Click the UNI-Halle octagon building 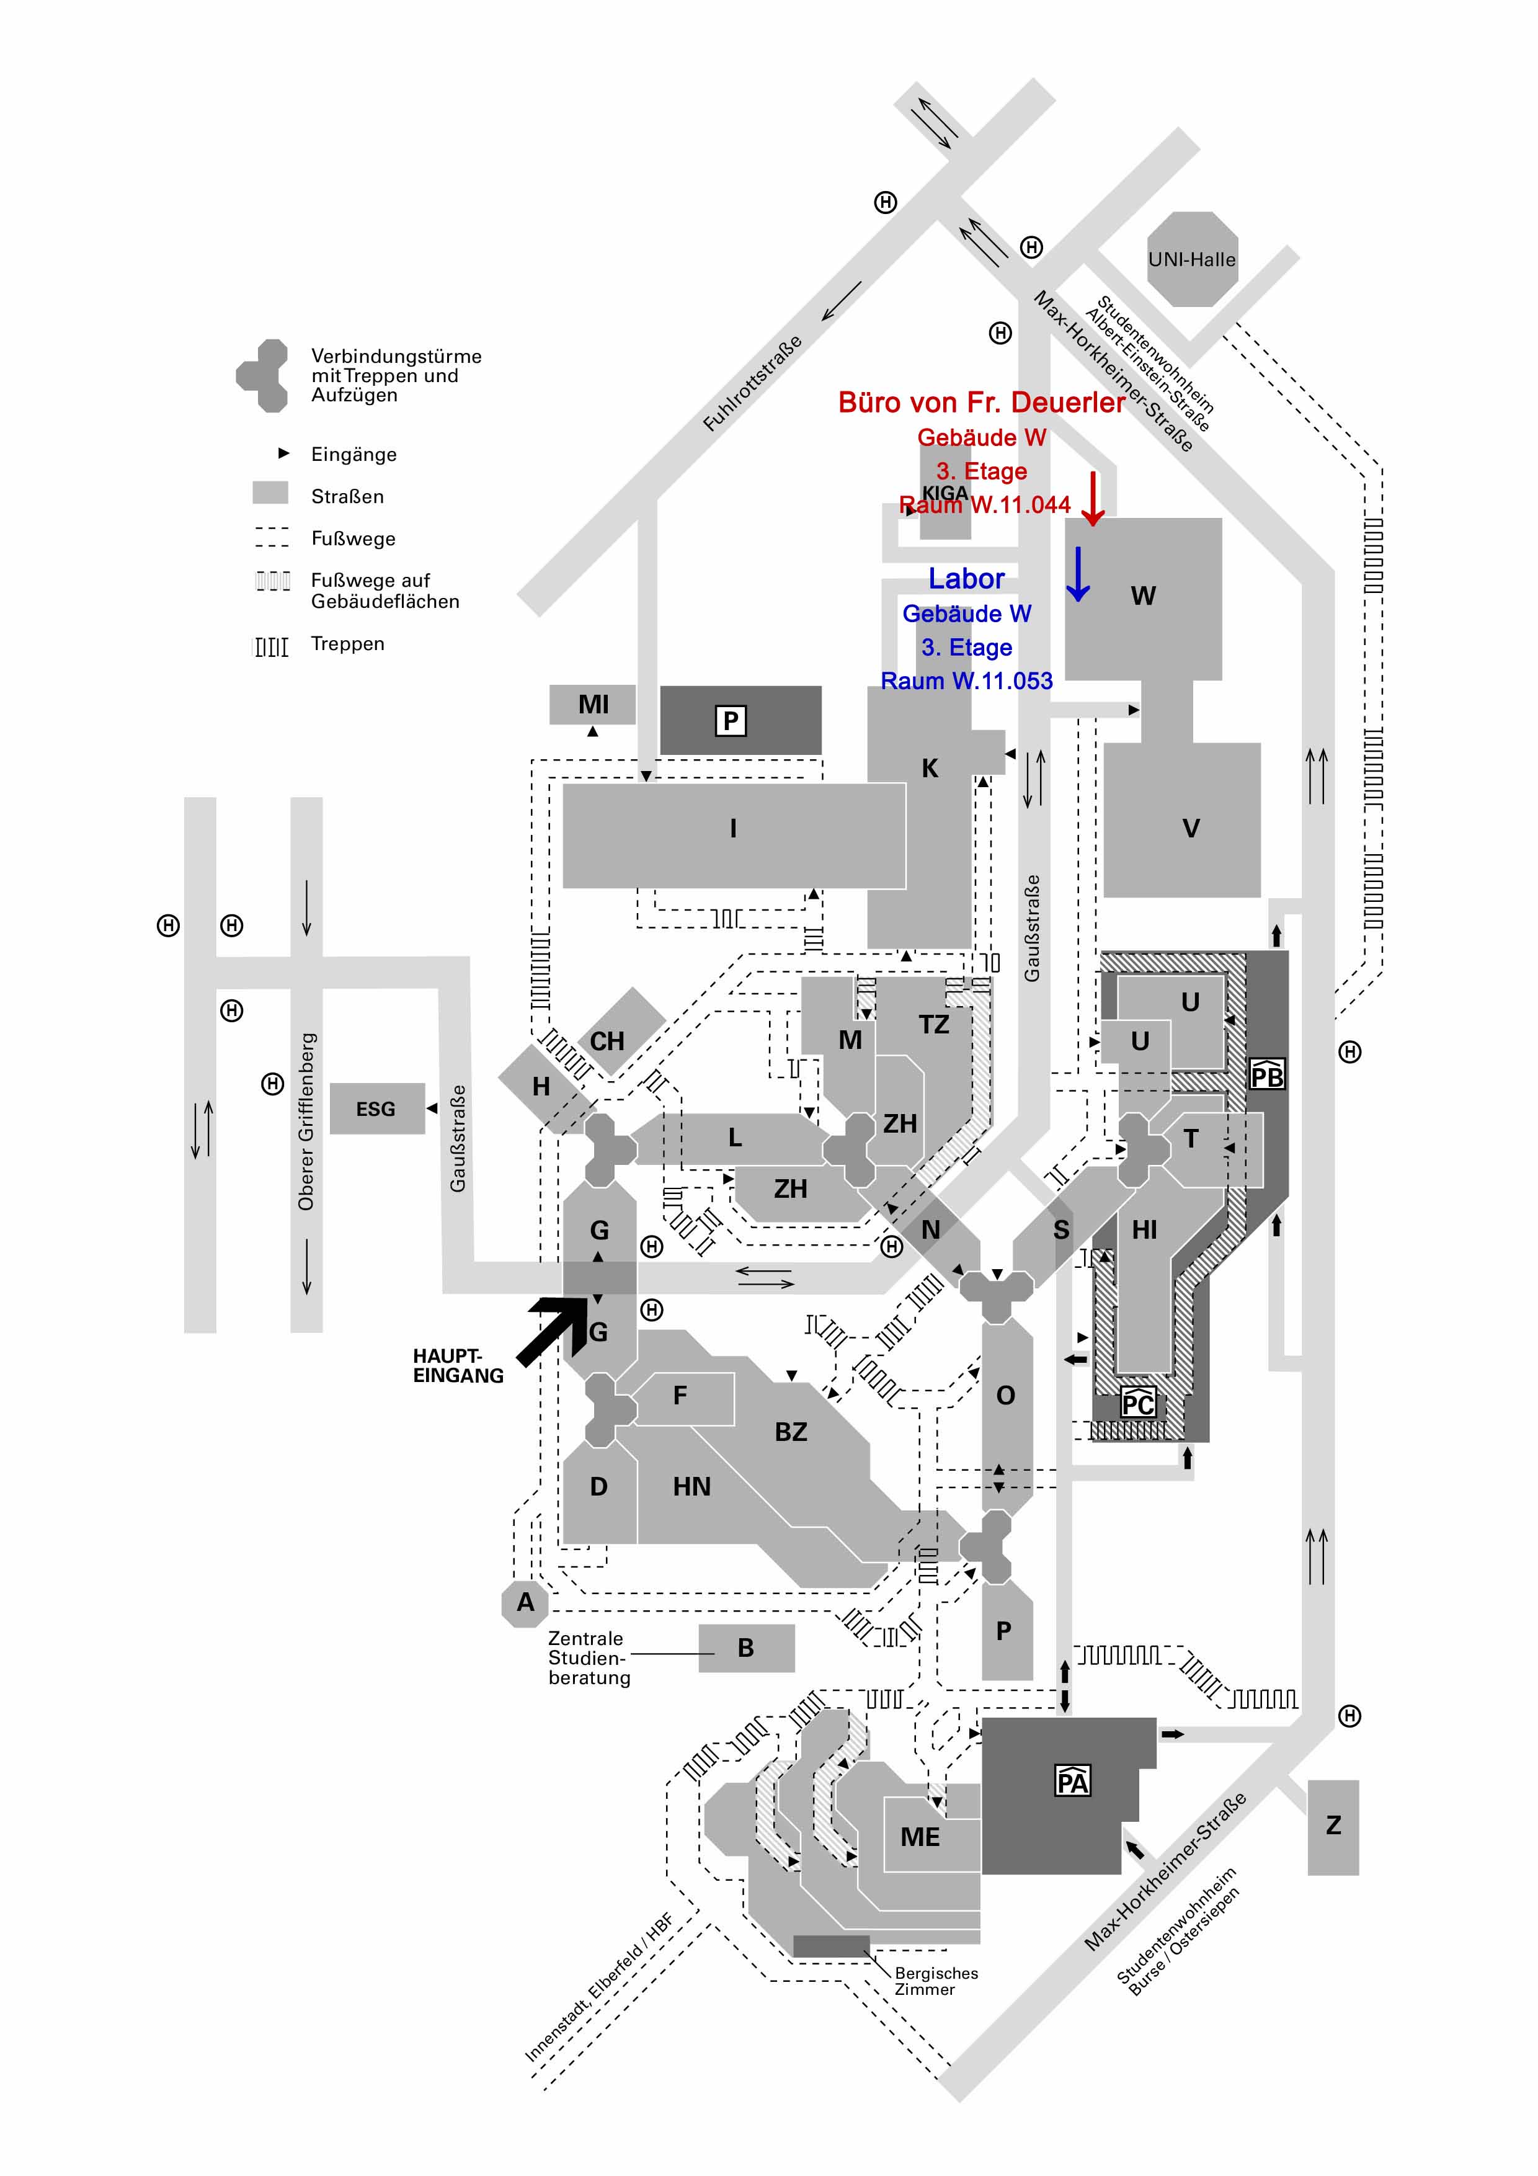pos(1192,259)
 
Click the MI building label pos(593,704)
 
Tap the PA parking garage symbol pos(1073,1781)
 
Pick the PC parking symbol pos(1138,1402)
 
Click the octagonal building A pos(525,1603)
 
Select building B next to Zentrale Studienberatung pos(747,1648)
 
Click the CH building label pos(607,1041)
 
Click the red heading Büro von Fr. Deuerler pos(982,403)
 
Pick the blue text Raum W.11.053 pos(967,680)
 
